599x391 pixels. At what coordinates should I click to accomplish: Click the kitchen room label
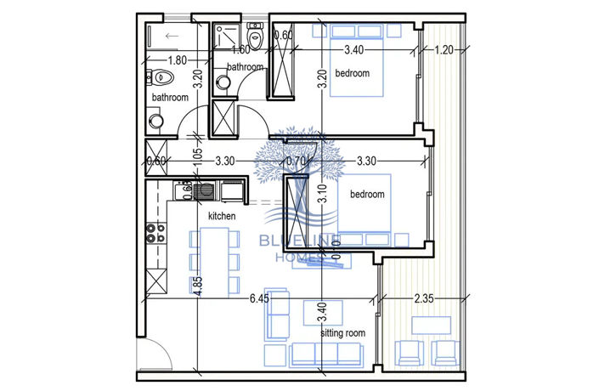(x=222, y=217)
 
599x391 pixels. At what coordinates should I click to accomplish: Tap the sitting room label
(x=342, y=333)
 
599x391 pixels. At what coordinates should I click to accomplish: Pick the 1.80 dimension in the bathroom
(x=178, y=60)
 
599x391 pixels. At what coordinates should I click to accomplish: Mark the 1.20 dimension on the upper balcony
(x=444, y=50)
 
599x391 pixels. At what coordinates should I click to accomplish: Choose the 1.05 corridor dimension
(x=197, y=156)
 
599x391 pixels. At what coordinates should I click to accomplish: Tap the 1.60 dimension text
(x=241, y=50)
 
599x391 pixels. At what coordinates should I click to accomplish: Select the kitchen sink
(x=205, y=190)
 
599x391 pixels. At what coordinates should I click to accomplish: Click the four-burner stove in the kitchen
(x=155, y=232)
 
